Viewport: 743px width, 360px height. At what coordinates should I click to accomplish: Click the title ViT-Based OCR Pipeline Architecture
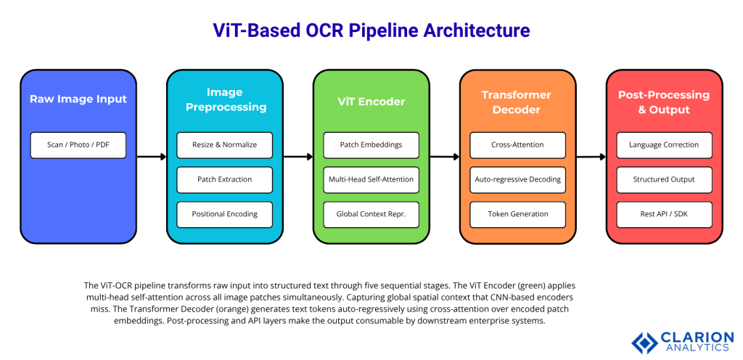tap(371, 30)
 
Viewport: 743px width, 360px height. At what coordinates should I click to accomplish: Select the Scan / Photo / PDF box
tap(78, 144)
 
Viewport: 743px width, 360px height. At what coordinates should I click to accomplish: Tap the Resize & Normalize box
tap(224, 144)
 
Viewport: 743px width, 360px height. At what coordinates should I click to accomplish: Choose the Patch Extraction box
tap(224, 179)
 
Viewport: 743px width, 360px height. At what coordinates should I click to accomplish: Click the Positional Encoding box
tap(224, 214)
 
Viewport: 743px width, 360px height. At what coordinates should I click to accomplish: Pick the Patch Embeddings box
tap(371, 144)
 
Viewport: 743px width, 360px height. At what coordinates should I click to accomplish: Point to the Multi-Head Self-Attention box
tap(371, 179)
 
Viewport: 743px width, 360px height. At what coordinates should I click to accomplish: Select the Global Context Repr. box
tap(371, 214)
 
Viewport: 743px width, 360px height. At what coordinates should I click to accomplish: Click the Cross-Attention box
tap(517, 144)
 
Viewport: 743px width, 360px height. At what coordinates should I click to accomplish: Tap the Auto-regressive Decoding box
tap(517, 179)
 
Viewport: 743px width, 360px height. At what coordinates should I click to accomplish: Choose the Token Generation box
tap(517, 214)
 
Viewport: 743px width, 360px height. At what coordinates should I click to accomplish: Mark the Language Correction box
tap(664, 144)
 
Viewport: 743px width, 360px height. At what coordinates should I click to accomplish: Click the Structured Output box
tap(664, 179)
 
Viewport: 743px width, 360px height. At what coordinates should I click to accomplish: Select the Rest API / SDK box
tap(664, 214)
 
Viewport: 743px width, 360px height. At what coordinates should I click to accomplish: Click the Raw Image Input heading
tap(78, 99)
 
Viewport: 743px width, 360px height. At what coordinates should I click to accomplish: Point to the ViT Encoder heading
tap(371, 102)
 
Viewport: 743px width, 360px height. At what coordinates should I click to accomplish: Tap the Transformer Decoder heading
tap(517, 102)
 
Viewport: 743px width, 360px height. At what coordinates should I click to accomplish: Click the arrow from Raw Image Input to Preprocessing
tap(152, 156)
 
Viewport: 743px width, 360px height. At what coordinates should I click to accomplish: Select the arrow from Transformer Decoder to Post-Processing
tap(591, 156)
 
